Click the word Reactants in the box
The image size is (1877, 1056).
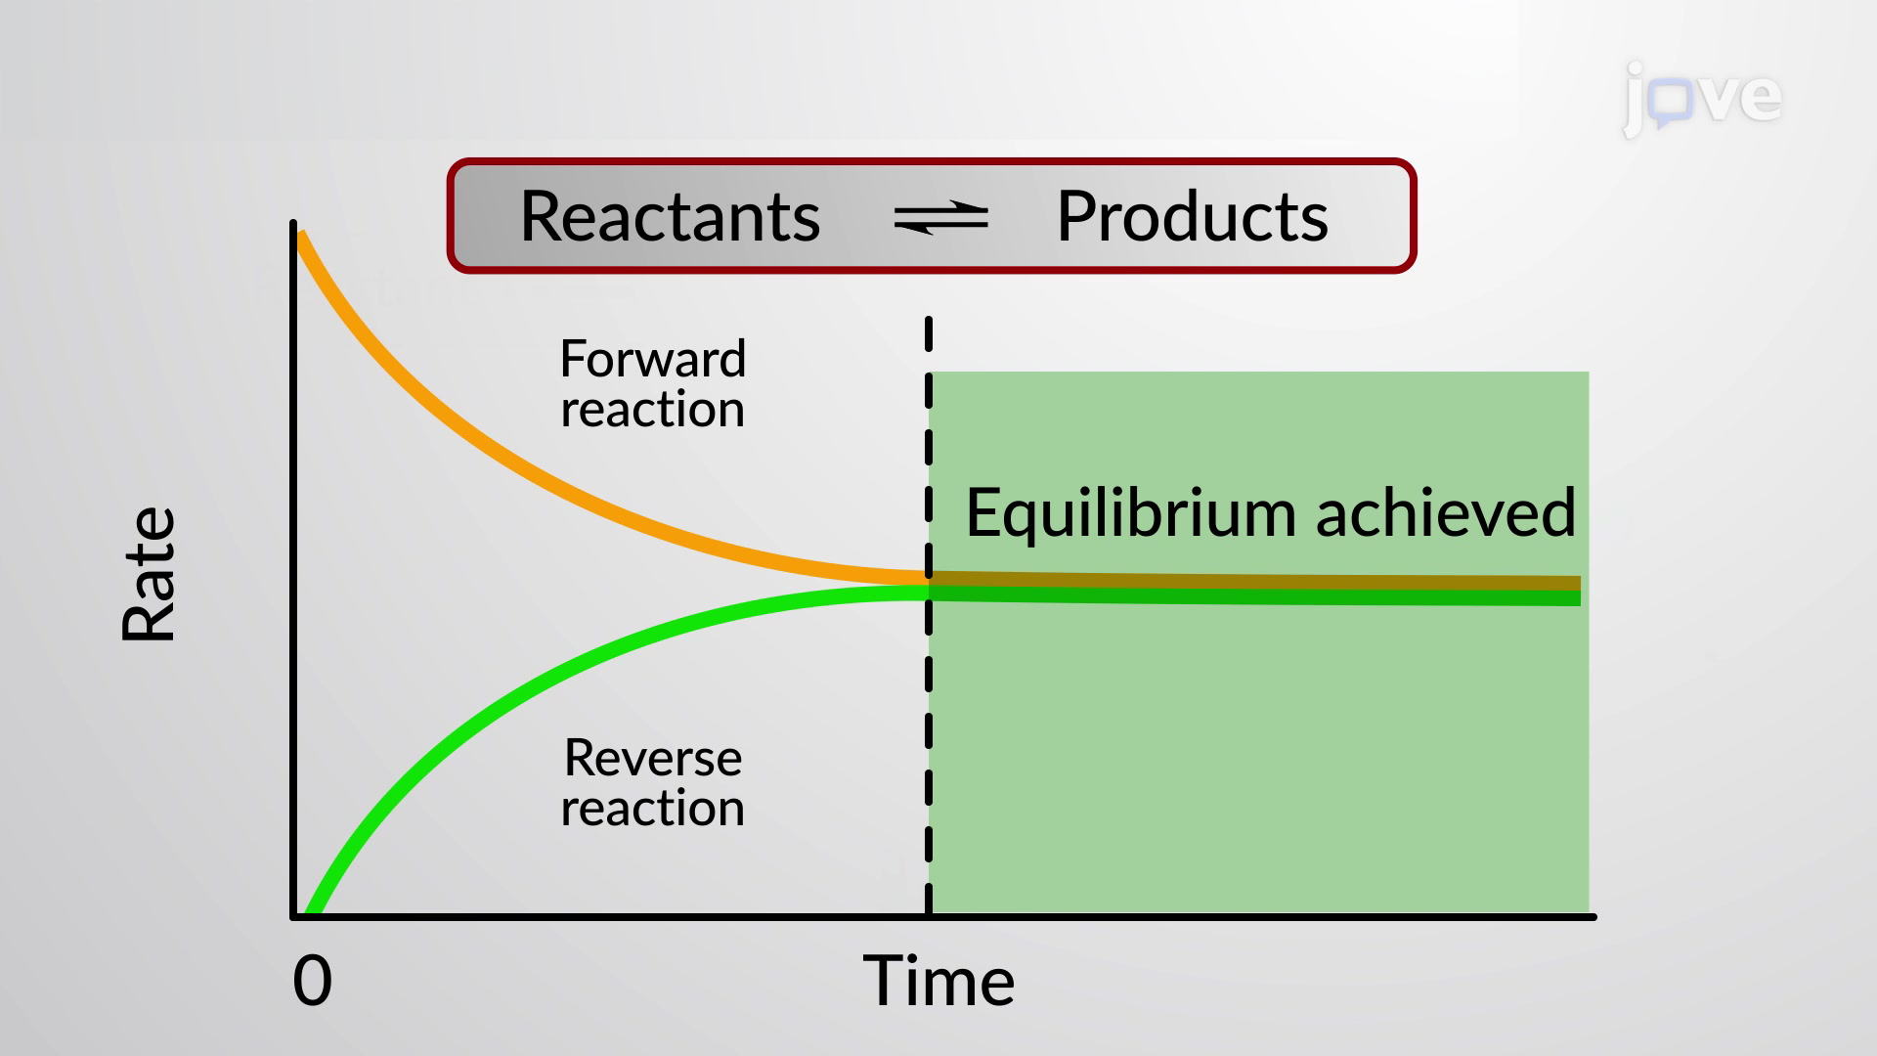pos(670,216)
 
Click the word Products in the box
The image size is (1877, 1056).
pos(1192,216)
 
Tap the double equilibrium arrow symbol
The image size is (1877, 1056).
pos(940,217)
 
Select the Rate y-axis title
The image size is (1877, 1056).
pos(149,575)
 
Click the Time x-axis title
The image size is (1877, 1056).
pos(938,981)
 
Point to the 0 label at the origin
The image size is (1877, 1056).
pos(313,981)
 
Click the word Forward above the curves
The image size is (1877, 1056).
pos(653,359)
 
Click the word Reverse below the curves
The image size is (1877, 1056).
pos(653,758)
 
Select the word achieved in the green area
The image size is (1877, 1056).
pos(1446,511)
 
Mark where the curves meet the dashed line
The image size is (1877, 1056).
pos(929,585)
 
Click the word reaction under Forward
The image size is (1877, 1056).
pos(653,409)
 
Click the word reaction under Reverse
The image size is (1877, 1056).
pos(653,809)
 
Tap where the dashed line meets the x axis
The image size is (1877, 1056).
pos(929,916)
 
